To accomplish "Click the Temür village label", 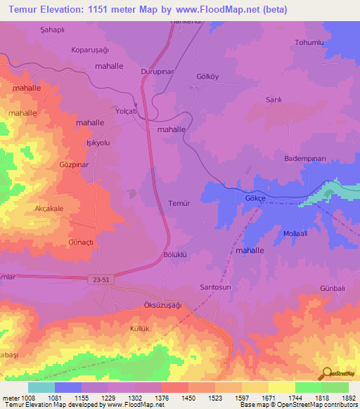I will click(x=179, y=203).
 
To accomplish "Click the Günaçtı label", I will click(x=80, y=241).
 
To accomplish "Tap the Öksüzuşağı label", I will click(x=162, y=304).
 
